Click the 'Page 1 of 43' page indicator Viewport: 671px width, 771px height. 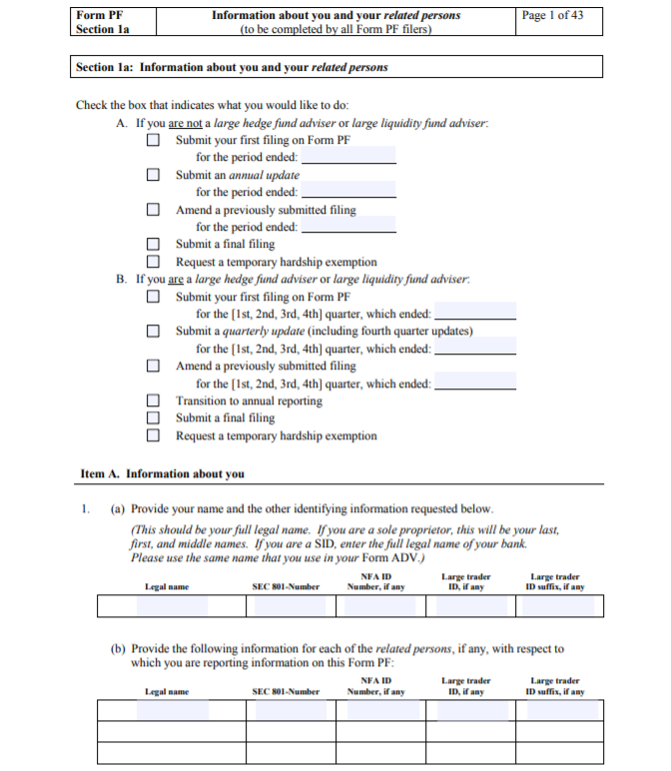(552, 15)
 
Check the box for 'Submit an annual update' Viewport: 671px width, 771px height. (154, 175)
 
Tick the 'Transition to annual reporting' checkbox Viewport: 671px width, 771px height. (154, 401)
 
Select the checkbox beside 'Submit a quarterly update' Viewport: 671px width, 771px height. (154, 332)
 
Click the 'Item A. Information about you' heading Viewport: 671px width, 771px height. (162, 473)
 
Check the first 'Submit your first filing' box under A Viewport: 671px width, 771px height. (154, 141)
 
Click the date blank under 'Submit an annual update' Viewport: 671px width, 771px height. (348, 192)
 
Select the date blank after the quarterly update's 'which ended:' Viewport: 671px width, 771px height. (475, 349)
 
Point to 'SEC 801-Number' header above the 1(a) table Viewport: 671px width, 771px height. (286, 587)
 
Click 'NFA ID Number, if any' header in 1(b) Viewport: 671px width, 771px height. (375, 686)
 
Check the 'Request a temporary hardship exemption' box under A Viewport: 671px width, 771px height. (154, 262)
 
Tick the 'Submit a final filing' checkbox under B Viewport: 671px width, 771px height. (154, 418)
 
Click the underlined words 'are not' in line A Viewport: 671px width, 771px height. (186, 124)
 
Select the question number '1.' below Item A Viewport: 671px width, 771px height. (87, 508)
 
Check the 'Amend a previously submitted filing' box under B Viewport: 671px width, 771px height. (154, 367)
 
